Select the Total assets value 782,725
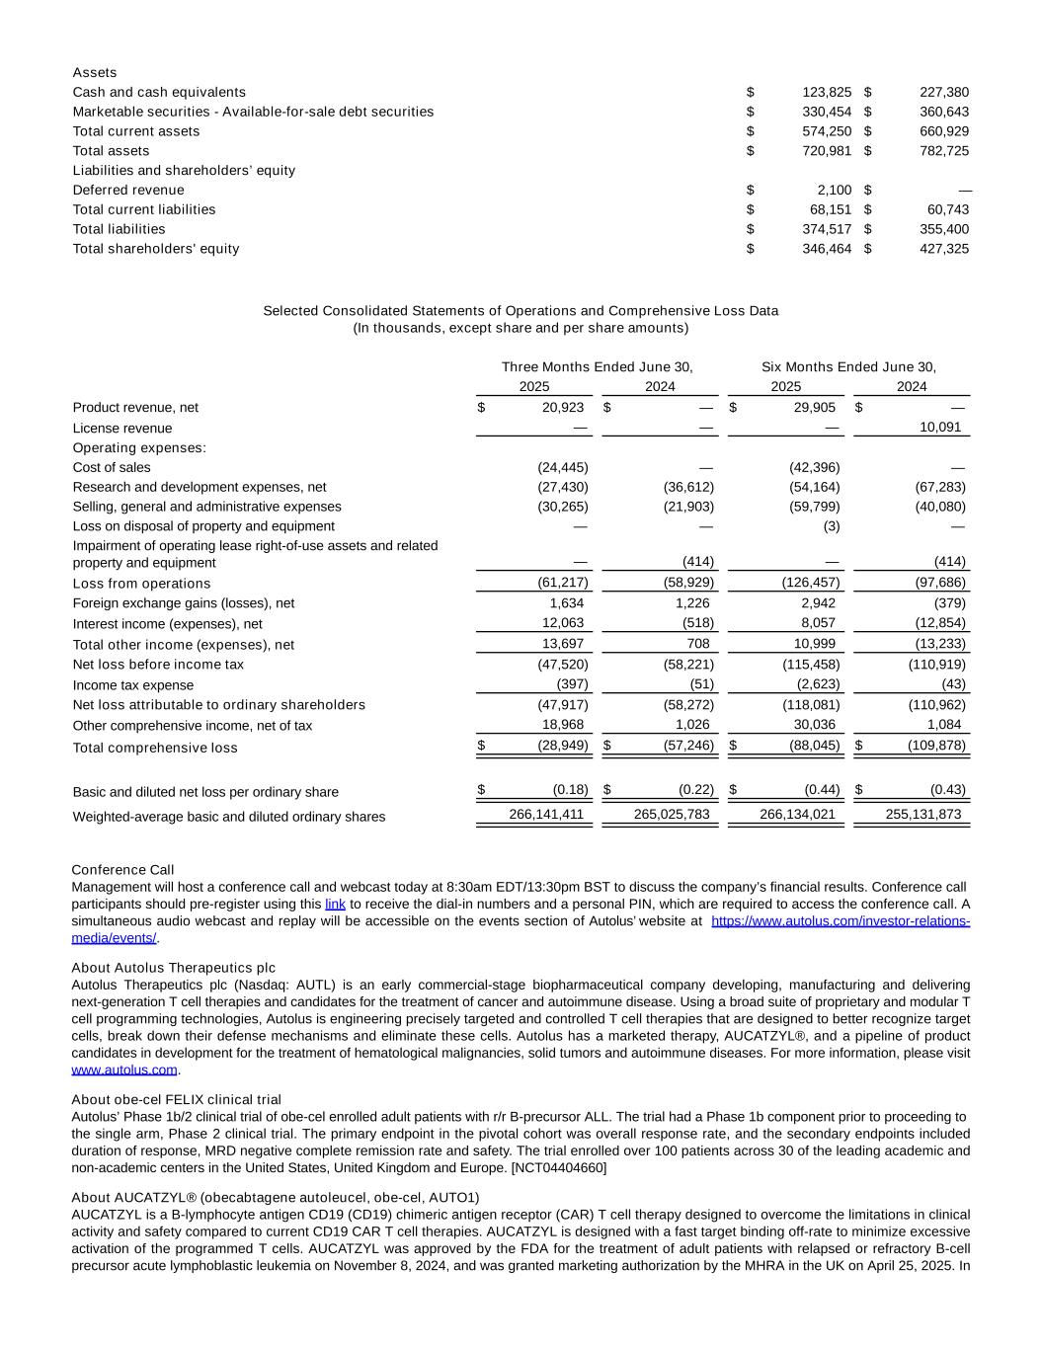tap(943, 151)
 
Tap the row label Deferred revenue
tap(128, 190)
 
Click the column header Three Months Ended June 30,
tap(597, 367)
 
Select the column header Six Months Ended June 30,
tap(848, 367)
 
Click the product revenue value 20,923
tap(563, 408)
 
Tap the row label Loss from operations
tap(141, 584)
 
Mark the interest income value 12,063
tap(563, 623)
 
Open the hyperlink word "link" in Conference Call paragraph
tap(335, 904)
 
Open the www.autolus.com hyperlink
tap(124, 1070)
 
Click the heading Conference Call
tap(122, 870)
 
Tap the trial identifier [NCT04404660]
tap(558, 1168)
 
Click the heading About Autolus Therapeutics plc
tap(173, 968)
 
